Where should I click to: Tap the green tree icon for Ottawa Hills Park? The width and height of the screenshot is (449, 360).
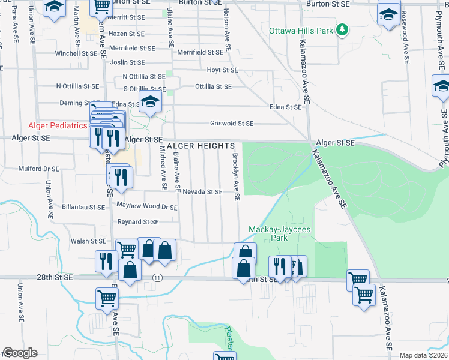click(342, 29)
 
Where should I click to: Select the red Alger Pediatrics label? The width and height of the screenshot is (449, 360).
click(58, 125)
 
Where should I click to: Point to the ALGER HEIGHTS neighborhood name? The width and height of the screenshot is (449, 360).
click(200, 146)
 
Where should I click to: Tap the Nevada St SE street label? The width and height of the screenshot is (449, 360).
click(203, 192)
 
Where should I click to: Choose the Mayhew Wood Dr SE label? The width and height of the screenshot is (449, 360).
click(147, 206)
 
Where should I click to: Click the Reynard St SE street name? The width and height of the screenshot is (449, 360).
click(137, 221)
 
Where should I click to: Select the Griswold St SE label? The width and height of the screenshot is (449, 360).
click(232, 124)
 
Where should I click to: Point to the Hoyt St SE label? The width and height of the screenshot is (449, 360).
click(222, 70)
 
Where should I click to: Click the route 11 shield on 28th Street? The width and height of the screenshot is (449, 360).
click(157, 278)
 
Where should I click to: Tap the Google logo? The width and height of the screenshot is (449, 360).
click(19, 353)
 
